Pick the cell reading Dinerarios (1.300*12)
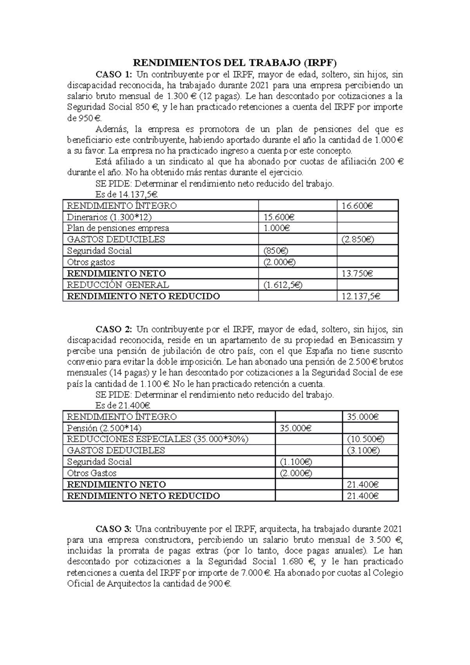109,217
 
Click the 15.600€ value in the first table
279,217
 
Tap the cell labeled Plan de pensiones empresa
118,228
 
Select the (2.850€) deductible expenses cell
357,239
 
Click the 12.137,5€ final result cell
361,296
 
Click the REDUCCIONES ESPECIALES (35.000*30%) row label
157,439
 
